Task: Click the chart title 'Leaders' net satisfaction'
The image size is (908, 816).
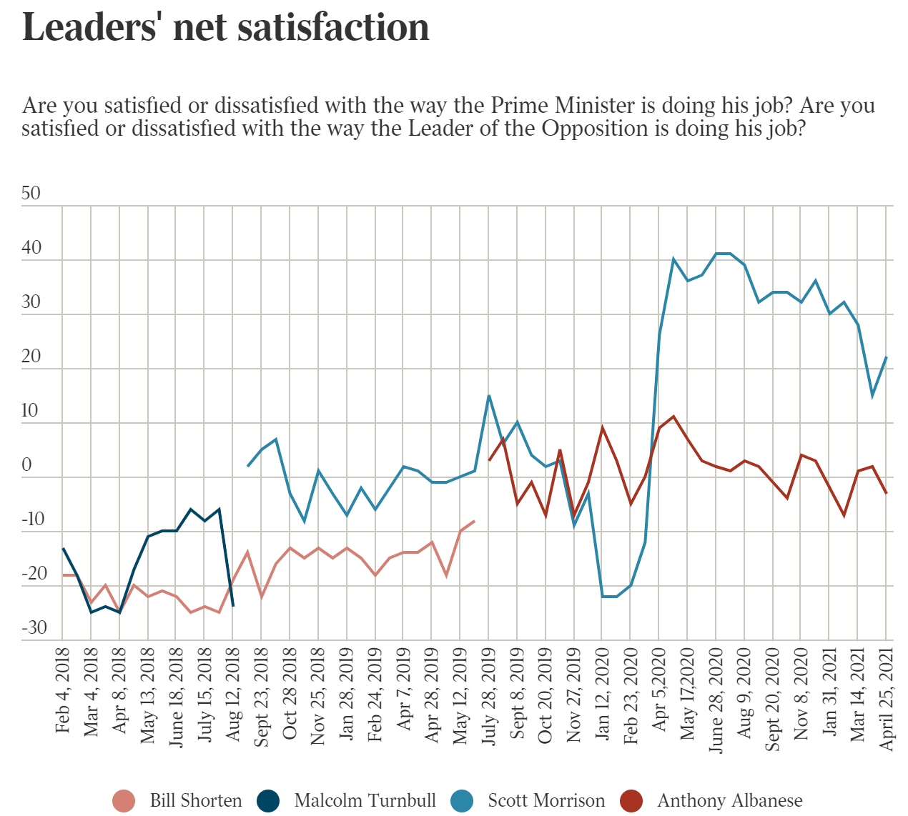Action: tap(226, 27)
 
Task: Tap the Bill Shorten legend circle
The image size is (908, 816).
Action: tap(124, 800)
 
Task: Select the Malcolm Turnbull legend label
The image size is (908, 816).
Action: tap(365, 800)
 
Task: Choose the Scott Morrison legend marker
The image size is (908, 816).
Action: tap(462, 800)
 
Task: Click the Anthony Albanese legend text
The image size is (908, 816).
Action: tap(729, 800)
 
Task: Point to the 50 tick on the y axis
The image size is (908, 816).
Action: tap(31, 194)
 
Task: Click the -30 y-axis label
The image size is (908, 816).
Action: tap(34, 628)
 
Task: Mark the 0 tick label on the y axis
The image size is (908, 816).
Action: tap(27, 465)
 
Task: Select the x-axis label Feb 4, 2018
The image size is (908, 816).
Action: tap(63, 690)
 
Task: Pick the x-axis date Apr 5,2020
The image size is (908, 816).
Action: tap(659, 690)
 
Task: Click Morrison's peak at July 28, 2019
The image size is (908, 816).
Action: tap(488, 396)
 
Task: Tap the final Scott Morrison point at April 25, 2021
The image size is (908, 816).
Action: tap(887, 357)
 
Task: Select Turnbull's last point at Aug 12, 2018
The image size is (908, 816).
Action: tap(234, 606)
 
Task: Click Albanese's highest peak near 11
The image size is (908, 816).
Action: tap(673, 417)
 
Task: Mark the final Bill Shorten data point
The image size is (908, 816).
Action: tap(474, 521)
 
